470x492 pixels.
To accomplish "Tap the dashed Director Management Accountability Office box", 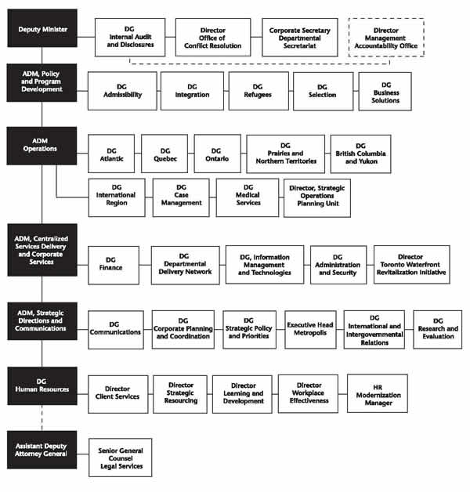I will [387, 38].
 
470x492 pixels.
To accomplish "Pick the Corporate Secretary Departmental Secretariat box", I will [300, 38].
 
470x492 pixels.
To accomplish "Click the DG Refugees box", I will [258, 90].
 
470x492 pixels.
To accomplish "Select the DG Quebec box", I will [164, 154].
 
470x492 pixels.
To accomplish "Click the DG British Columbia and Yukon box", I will [360, 154].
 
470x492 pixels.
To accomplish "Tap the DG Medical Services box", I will [248, 197].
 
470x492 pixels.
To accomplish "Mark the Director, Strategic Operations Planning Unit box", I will [316, 197].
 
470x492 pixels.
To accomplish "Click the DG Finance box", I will [114, 265].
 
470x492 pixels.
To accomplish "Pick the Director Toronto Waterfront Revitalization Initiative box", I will [411, 265].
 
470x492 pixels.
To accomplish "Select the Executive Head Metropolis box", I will [310, 329].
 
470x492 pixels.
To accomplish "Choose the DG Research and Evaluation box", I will [438, 329].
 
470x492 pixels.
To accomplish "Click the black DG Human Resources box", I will [42, 384].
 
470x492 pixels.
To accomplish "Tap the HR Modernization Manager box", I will [378, 393].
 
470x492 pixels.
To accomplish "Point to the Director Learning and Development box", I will [243, 393].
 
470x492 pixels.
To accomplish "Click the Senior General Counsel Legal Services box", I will [120, 458].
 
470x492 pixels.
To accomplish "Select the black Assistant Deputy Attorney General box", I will [42, 449].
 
